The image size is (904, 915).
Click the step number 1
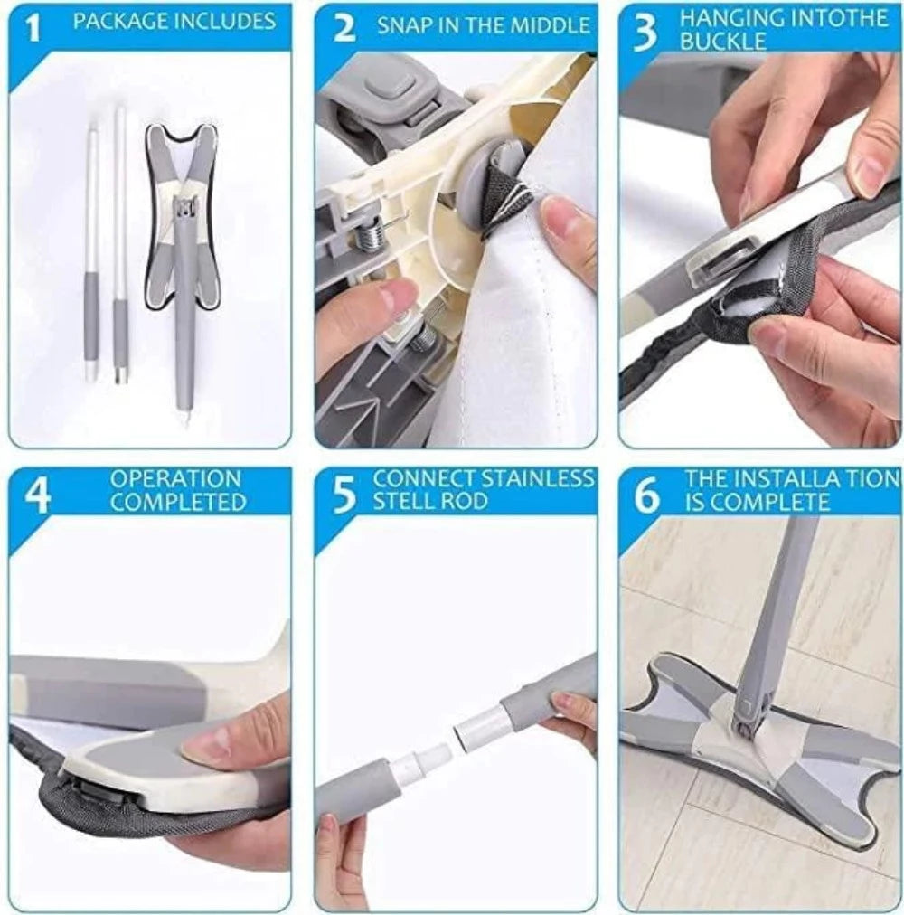pos(33,30)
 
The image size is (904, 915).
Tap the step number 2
pos(344,29)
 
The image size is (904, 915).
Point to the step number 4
pos(36,495)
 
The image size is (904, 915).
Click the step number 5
pos(344,495)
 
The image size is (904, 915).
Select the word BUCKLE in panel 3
pos(723,42)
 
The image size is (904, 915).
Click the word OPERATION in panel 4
pos(175,478)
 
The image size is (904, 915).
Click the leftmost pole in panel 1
pos(91,244)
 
